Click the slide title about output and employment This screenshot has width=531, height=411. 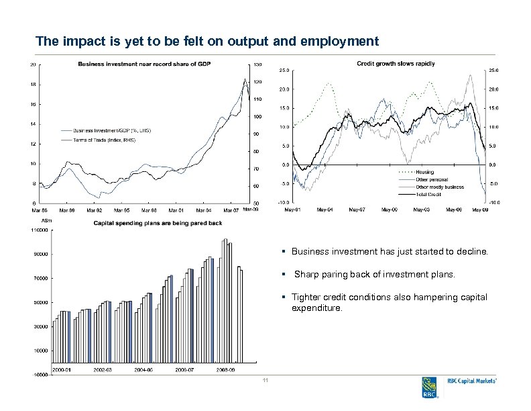point(207,42)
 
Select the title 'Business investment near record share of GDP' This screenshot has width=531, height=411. point(143,64)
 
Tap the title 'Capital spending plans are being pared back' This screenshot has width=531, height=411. point(158,222)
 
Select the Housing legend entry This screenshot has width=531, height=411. point(424,173)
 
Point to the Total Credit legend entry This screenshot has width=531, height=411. point(429,194)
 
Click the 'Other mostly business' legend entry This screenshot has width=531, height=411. point(439,187)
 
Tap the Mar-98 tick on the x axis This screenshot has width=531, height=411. point(148,210)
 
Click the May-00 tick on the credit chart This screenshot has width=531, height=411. point(389,210)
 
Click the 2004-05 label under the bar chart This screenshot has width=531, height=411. point(144,369)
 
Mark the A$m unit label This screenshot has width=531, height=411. point(46,220)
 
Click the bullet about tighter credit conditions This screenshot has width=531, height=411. point(389,302)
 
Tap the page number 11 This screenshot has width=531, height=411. point(265,382)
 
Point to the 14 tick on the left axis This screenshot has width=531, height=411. point(34,124)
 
